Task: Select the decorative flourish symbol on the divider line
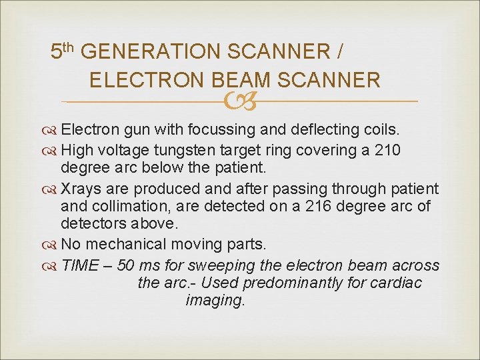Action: pos(239,102)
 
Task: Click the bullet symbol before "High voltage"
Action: pos(51,151)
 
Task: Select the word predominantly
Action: pos(292,283)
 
